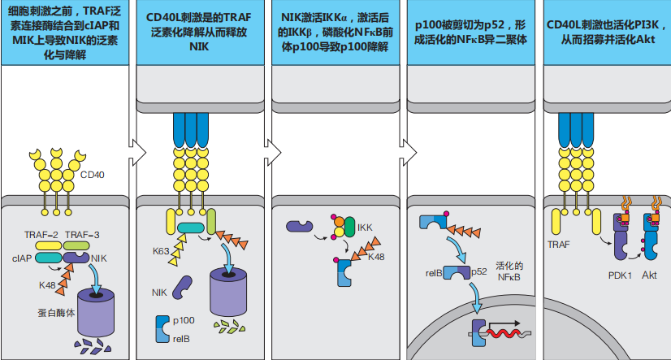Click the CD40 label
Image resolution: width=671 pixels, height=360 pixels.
[x=92, y=175]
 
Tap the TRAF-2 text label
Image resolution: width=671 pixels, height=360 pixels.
[x=41, y=235]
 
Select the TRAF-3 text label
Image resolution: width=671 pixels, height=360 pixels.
[x=82, y=235]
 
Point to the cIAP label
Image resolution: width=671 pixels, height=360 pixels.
[x=22, y=258]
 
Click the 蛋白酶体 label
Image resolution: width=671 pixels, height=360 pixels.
[x=56, y=313]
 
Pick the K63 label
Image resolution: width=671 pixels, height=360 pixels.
[x=161, y=251]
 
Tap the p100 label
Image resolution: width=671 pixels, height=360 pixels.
[x=184, y=321]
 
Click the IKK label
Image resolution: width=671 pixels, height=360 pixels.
[x=365, y=228]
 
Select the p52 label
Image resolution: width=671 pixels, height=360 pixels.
[x=478, y=271]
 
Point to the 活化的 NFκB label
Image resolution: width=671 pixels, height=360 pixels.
[x=509, y=271]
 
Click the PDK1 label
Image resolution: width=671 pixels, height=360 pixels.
[x=620, y=275]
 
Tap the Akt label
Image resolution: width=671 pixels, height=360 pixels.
[x=649, y=275]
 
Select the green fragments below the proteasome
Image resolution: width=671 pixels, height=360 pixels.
[x=229, y=327]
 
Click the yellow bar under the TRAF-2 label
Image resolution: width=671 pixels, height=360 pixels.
[x=49, y=245]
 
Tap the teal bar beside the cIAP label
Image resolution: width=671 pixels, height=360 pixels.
[x=49, y=258]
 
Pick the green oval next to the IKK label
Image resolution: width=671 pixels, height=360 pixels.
[x=350, y=227]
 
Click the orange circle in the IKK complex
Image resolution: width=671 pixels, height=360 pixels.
[x=339, y=222]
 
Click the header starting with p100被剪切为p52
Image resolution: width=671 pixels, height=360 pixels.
[x=470, y=33]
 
